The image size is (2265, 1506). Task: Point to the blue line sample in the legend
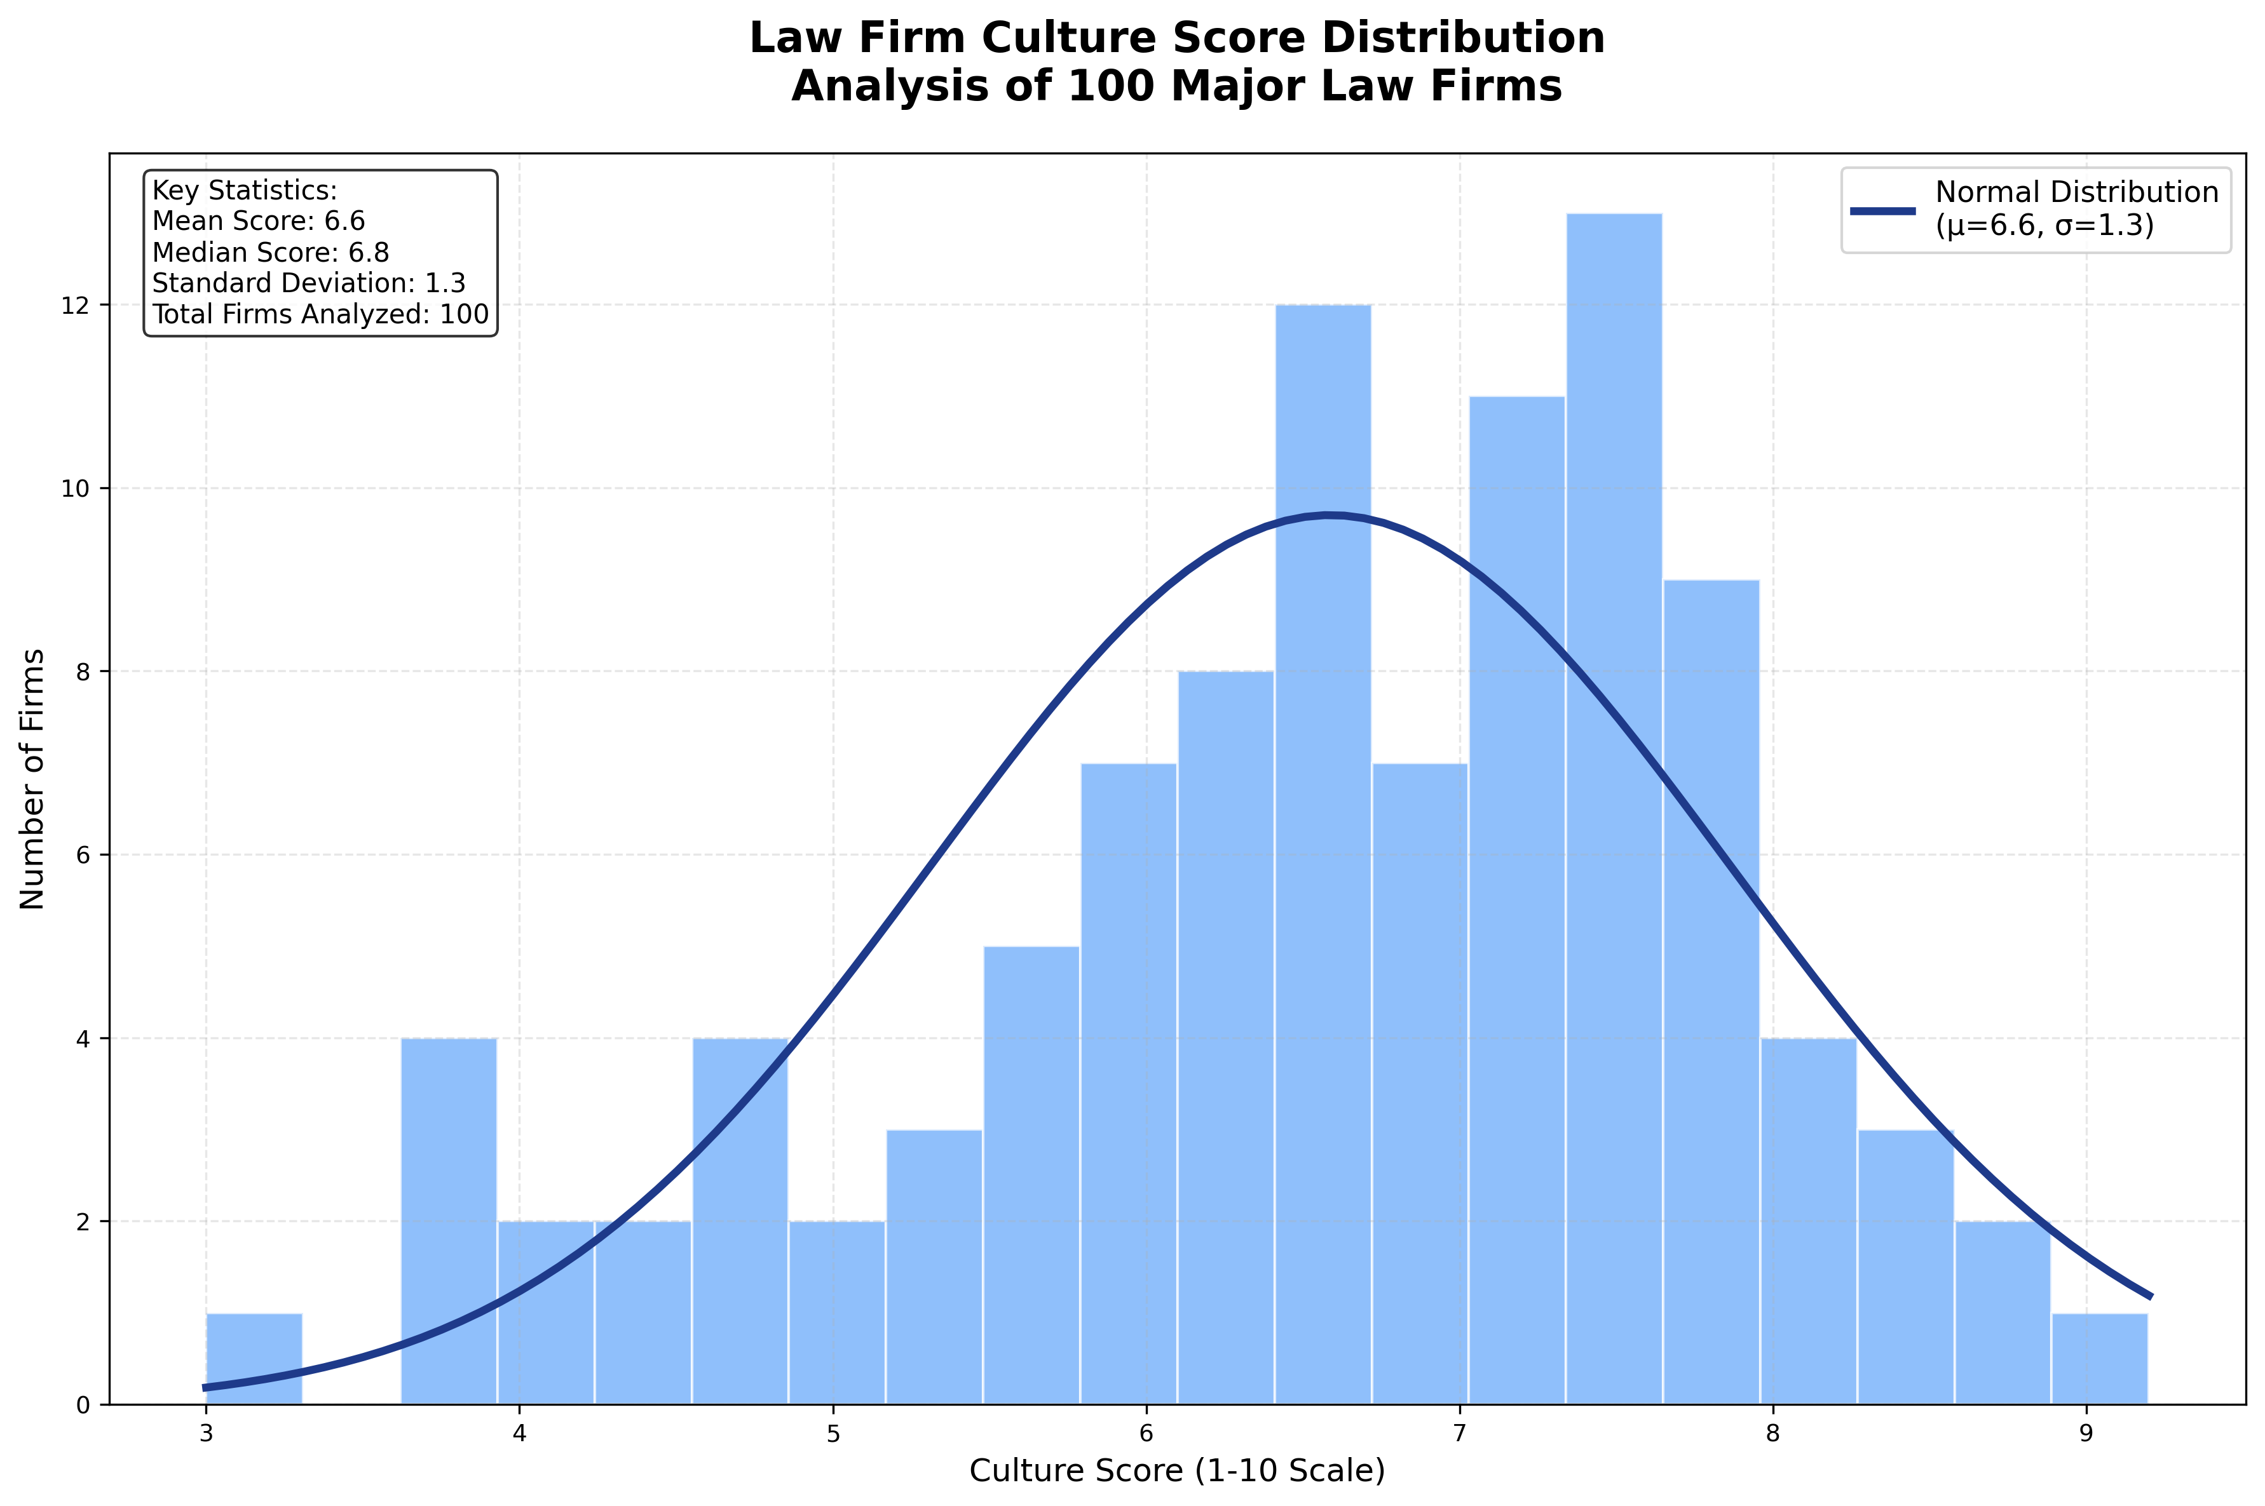[x=1882, y=210]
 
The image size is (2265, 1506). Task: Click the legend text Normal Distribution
[x=2076, y=192]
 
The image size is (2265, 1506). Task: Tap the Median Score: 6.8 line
[x=270, y=253]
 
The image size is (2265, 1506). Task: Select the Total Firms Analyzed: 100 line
[x=320, y=314]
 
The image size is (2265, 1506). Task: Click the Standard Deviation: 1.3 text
[x=308, y=283]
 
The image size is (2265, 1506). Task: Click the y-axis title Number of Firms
[x=32, y=778]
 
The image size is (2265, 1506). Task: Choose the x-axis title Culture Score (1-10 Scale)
[x=1176, y=1470]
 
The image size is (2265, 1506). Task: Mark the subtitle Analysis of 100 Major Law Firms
[x=1176, y=86]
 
